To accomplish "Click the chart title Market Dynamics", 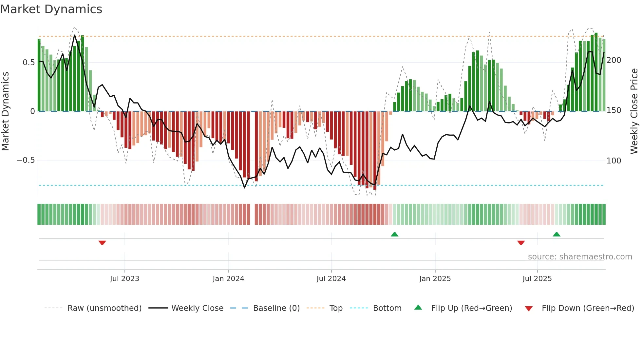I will (51, 9).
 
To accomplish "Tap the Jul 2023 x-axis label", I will (124, 279).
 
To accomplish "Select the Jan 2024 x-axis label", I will (228, 279).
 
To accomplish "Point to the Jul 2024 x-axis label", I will (331, 279).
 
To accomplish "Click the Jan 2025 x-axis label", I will (435, 279).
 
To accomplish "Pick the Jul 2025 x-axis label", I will (537, 279).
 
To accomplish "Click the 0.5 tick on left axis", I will (28, 63).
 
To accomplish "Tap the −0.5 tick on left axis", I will (26, 160).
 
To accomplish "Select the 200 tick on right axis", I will (614, 60).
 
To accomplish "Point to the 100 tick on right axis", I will (614, 161).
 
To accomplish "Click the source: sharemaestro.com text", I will (580, 257).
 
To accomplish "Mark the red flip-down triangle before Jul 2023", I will (102, 243).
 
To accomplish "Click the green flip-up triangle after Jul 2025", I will (557, 234).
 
